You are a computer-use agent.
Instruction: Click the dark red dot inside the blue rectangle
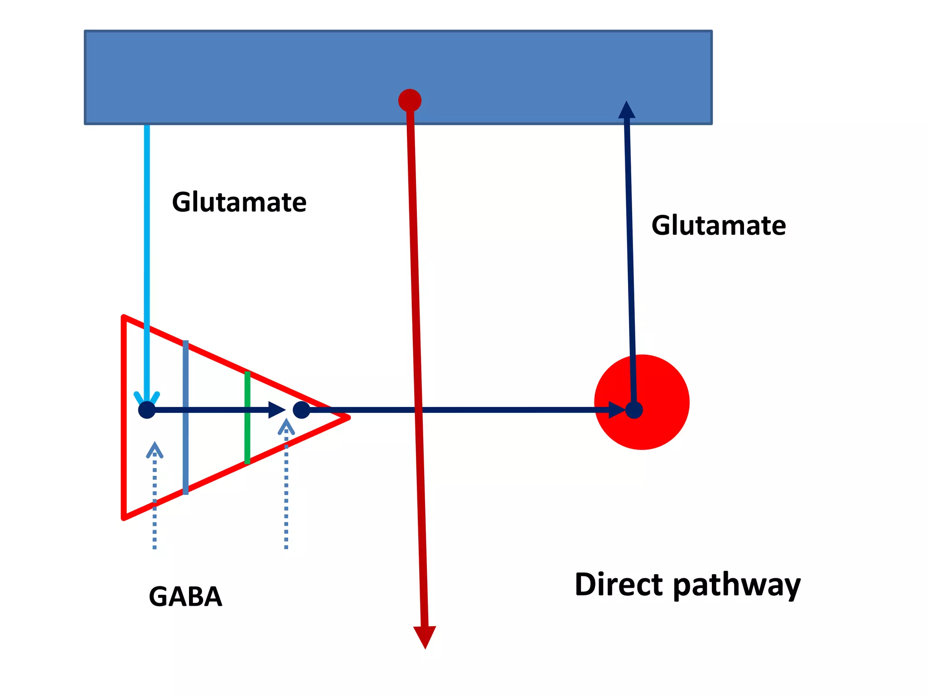(x=410, y=100)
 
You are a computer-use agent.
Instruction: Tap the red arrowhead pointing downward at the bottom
(x=425, y=635)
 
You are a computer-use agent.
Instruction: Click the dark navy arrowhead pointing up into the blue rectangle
(x=627, y=110)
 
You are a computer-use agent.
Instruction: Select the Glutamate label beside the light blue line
(x=239, y=202)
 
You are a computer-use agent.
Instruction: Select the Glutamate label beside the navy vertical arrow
(x=719, y=226)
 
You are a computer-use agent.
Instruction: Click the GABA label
(x=185, y=596)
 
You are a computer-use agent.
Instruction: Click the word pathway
(x=737, y=586)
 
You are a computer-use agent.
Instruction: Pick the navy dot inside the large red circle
(x=634, y=410)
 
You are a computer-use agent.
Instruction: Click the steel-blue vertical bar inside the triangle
(x=185, y=444)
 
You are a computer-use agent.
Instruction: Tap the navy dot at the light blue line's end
(x=147, y=410)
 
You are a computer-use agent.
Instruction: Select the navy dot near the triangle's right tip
(x=301, y=410)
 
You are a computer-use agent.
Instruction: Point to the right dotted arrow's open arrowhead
(x=286, y=426)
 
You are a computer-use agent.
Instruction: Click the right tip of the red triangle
(x=347, y=417)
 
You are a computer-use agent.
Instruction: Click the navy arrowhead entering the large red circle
(x=616, y=410)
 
